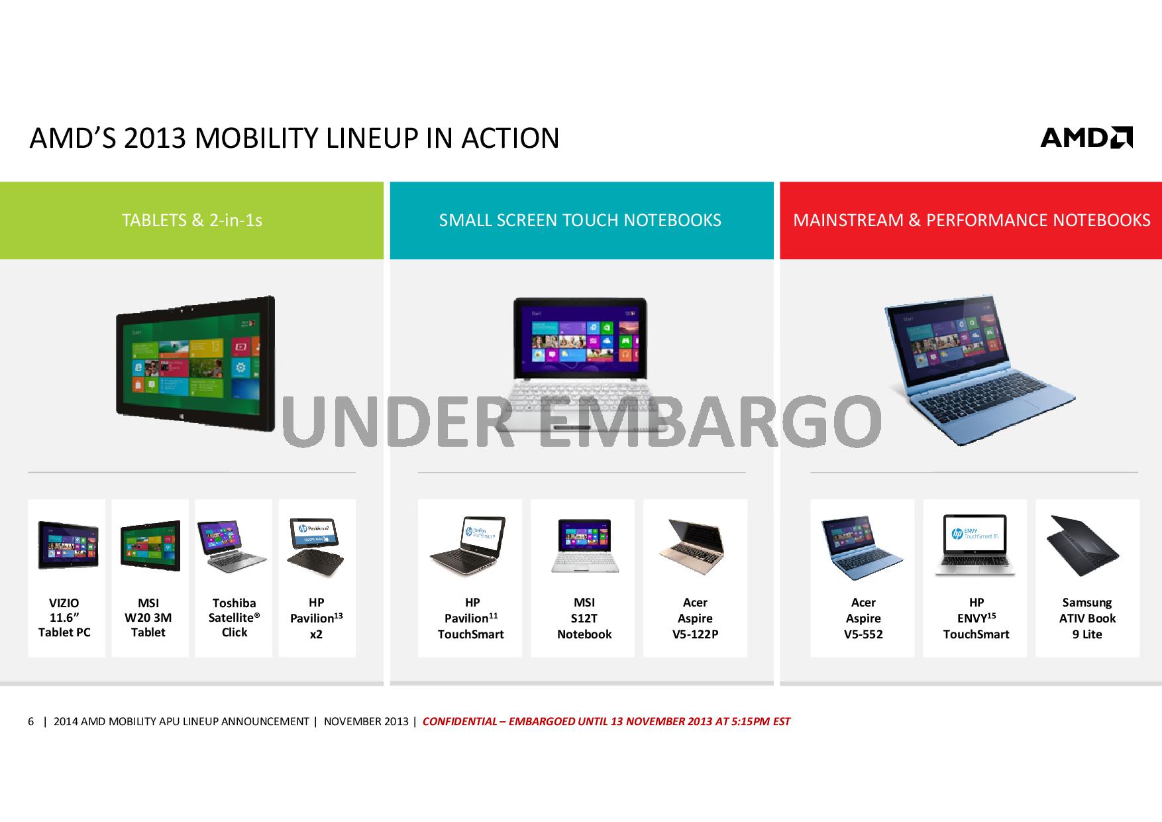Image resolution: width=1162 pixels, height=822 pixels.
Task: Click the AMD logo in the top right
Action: point(1086,137)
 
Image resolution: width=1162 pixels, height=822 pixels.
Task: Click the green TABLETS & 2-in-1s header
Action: point(191,220)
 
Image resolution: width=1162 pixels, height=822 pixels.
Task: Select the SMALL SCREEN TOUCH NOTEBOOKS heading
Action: point(580,220)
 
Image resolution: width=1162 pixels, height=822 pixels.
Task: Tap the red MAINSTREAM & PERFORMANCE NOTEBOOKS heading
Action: point(971,220)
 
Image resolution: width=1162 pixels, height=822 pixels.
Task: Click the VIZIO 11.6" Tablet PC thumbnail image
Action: point(68,545)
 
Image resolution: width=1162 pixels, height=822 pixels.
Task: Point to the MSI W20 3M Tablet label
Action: point(148,618)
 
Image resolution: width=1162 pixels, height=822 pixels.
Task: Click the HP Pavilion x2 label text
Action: point(316,618)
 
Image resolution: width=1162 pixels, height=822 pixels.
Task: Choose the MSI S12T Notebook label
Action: point(584,618)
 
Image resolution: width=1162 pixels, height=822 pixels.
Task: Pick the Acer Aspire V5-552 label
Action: point(863,618)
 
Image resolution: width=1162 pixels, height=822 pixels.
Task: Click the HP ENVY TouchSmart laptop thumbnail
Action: point(975,545)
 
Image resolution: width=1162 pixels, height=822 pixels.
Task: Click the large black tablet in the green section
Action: point(195,363)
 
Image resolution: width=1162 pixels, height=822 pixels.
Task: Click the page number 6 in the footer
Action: point(30,721)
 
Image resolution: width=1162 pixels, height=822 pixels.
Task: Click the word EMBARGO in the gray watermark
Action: point(709,421)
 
